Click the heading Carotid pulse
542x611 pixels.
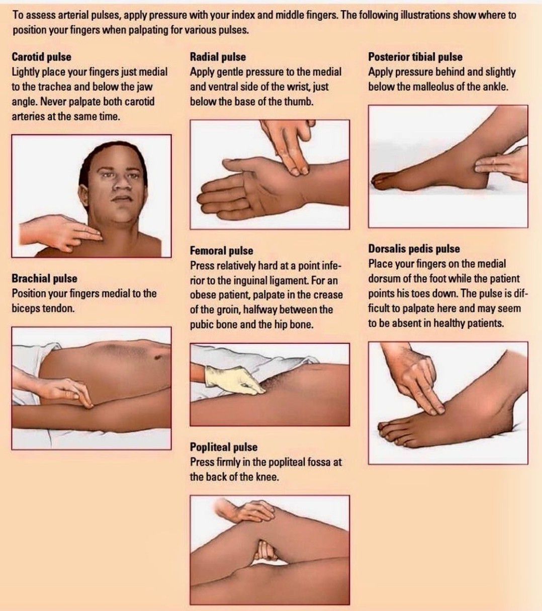tap(42, 57)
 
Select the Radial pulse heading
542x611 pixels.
tap(218, 57)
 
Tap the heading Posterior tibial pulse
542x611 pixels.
tap(415, 57)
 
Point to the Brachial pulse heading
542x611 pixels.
tap(44, 279)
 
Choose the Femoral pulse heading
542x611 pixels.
tap(221, 250)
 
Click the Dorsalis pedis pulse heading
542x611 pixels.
tap(414, 249)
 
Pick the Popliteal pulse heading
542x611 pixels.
tap(224, 447)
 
